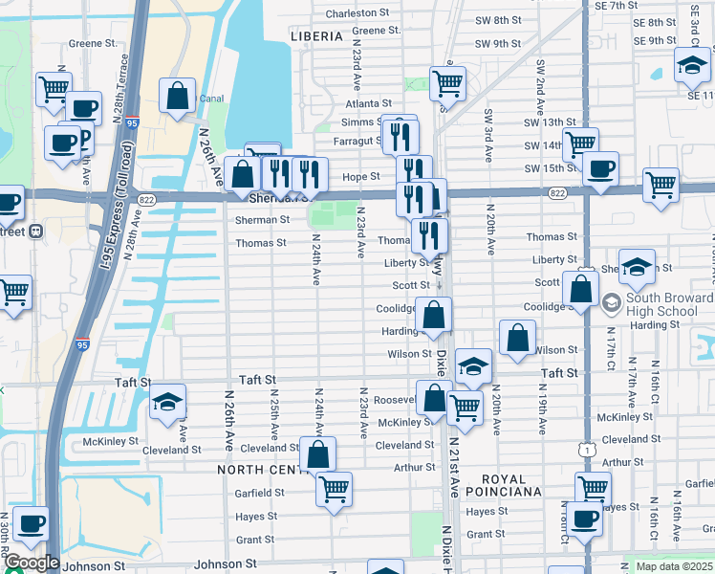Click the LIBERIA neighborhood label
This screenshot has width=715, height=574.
click(x=316, y=36)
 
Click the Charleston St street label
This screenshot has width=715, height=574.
click(x=357, y=14)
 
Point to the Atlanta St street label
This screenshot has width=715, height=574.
click(x=369, y=103)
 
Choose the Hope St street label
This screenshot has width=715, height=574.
click(x=361, y=176)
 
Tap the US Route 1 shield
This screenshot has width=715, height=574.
click(x=588, y=447)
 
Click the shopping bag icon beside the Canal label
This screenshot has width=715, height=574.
click(x=178, y=97)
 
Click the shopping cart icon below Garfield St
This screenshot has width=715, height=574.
click(x=335, y=489)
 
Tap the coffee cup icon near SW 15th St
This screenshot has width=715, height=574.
click(x=600, y=168)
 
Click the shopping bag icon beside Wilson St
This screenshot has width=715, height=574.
click(x=517, y=338)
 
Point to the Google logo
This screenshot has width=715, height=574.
click(x=31, y=563)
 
